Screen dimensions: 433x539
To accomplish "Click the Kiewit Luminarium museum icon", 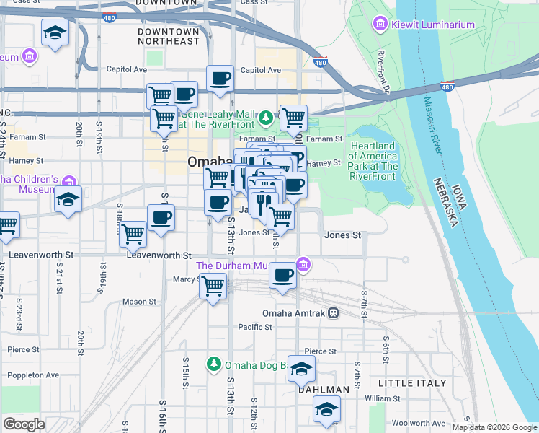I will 380,25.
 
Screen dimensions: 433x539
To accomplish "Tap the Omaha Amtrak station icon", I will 333,313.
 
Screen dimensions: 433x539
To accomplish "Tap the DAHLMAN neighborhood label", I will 324,390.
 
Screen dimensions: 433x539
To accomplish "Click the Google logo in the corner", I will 24,424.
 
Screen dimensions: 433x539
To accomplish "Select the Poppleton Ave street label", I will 32,375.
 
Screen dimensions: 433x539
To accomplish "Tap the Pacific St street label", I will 255,327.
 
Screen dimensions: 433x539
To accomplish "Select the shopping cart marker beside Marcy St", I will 213,286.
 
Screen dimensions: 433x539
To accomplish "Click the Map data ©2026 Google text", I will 494,427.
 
